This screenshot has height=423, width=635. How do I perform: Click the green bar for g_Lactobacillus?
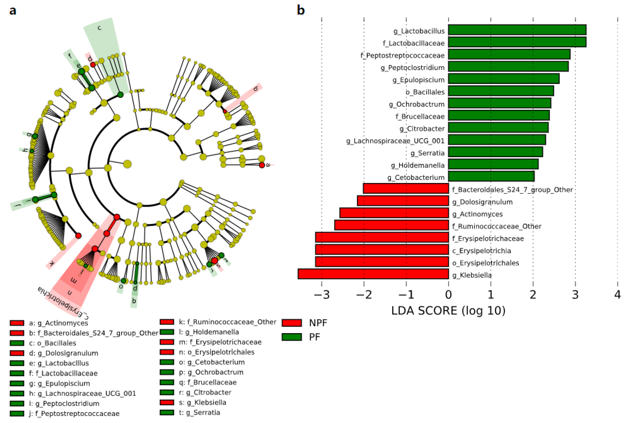[x=517, y=30]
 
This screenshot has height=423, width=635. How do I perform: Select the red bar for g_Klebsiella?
[x=373, y=274]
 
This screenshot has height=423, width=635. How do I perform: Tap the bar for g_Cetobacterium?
[x=491, y=176]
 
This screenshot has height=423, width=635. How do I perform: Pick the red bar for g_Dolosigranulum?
[x=403, y=201]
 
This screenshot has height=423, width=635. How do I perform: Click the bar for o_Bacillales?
[x=501, y=91]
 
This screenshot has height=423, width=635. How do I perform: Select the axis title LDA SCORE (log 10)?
[x=448, y=311]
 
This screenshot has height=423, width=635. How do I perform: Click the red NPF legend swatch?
[x=292, y=323]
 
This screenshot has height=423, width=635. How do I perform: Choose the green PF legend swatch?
[x=292, y=337]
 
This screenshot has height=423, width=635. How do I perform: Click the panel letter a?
[x=13, y=11]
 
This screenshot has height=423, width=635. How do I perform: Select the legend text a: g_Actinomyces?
[x=58, y=323]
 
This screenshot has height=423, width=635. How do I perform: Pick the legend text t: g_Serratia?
[x=199, y=413]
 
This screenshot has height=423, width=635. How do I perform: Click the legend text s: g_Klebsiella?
[x=202, y=402]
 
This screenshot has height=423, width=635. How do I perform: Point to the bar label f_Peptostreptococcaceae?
[x=403, y=55]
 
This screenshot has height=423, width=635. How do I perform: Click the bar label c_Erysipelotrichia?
[x=481, y=251]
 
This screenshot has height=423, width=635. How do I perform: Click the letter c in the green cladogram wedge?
[x=99, y=28]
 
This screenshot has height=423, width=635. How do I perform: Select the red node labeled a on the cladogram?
[x=262, y=165]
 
